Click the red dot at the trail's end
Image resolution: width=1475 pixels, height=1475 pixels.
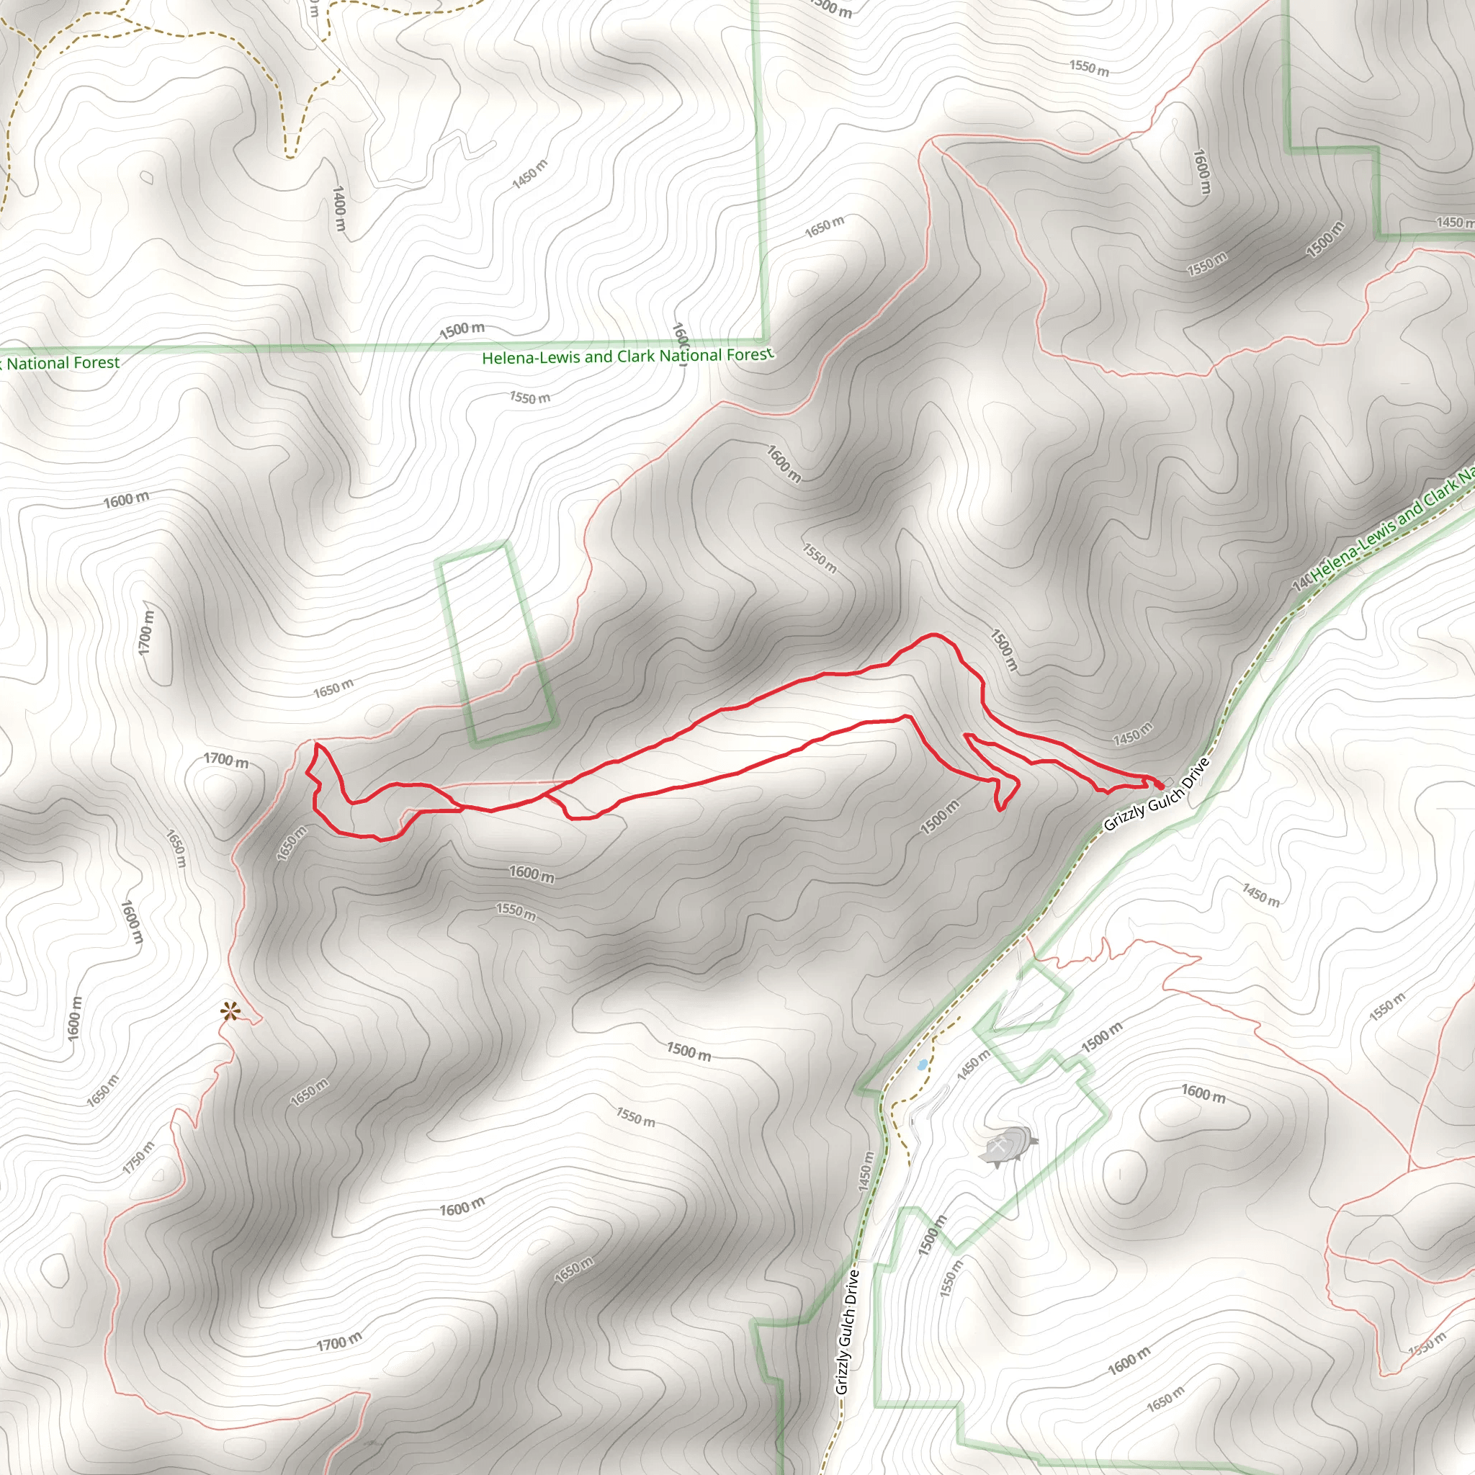[1159, 784]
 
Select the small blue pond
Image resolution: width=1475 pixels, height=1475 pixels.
[923, 1064]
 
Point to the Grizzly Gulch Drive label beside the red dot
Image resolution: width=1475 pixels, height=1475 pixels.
[1157, 794]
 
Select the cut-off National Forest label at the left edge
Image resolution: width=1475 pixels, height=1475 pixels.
[61, 364]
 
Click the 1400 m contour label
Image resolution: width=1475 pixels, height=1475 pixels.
[339, 208]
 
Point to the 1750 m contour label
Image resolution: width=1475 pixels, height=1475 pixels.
[138, 1157]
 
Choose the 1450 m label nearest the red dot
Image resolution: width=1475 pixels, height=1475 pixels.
[1133, 735]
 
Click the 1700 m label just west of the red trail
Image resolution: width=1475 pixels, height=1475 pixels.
[226, 761]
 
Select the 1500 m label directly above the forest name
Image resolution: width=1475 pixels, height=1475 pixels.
[462, 330]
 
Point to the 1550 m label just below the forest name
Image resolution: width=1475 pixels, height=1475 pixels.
[530, 398]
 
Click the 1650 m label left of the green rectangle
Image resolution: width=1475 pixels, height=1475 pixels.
[333, 689]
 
